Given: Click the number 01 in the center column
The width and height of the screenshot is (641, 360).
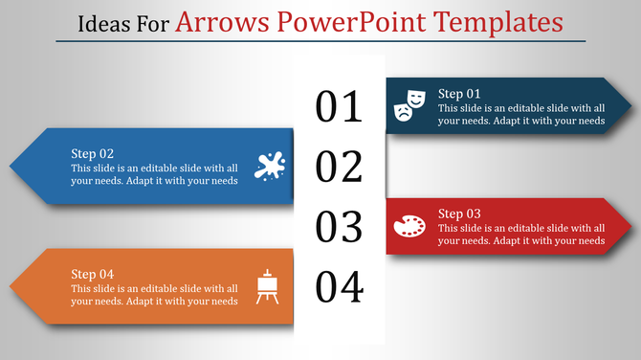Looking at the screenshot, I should pyautogui.click(x=340, y=107).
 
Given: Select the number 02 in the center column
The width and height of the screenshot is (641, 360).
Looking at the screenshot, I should pyautogui.click(x=340, y=167).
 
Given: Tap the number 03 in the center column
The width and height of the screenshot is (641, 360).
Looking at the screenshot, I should pyautogui.click(x=340, y=227).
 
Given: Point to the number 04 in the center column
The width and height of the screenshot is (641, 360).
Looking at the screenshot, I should pyautogui.click(x=340, y=286).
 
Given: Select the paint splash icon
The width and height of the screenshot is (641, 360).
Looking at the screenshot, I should pyautogui.click(x=270, y=166).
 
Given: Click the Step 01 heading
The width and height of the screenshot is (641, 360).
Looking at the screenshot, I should pyautogui.click(x=459, y=94).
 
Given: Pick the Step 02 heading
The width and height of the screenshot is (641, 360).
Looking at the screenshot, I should pyautogui.click(x=93, y=153).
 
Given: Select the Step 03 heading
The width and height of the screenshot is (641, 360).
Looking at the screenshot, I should pyautogui.click(x=459, y=214).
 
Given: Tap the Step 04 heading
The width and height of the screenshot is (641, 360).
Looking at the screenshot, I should pyautogui.click(x=93, y=274).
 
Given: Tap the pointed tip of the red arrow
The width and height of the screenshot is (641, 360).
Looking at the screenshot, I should pyautogui.click(x=631, y=227).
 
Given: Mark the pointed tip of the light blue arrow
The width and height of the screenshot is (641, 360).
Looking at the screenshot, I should pyautogui.click(x=10, y=166).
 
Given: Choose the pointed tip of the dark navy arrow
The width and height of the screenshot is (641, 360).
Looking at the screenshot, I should pyautogui.click(x=631, y=105).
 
